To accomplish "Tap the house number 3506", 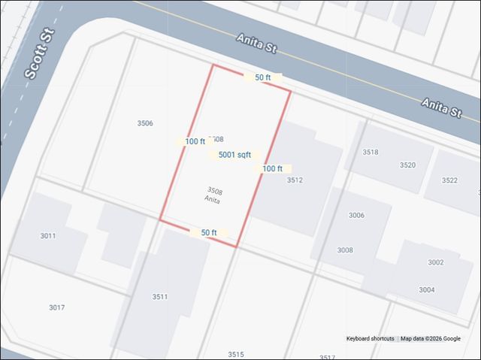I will pos(145,123).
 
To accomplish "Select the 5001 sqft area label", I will pos(234,155).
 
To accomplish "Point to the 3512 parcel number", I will pos(295,180).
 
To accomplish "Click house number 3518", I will pos(371,152).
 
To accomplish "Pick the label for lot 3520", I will pos(407,165).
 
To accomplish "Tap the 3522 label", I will pos(449,180).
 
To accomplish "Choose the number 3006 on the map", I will pos(356,216).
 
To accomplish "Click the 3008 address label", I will pos(345,250).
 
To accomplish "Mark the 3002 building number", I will pos(436,262).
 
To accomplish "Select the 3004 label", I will pos(427,289).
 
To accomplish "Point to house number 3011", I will pos(48,236).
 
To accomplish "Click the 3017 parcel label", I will pos(56,307).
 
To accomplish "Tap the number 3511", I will pos(160,297).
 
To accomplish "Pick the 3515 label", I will pos(236,354).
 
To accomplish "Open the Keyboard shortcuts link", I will pos(370,339).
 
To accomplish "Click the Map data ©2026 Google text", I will pos(431,339).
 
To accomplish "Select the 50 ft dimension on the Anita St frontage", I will pos(263,77).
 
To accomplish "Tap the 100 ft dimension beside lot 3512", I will pos(272,169).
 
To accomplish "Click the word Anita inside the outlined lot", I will pos(212,200).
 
